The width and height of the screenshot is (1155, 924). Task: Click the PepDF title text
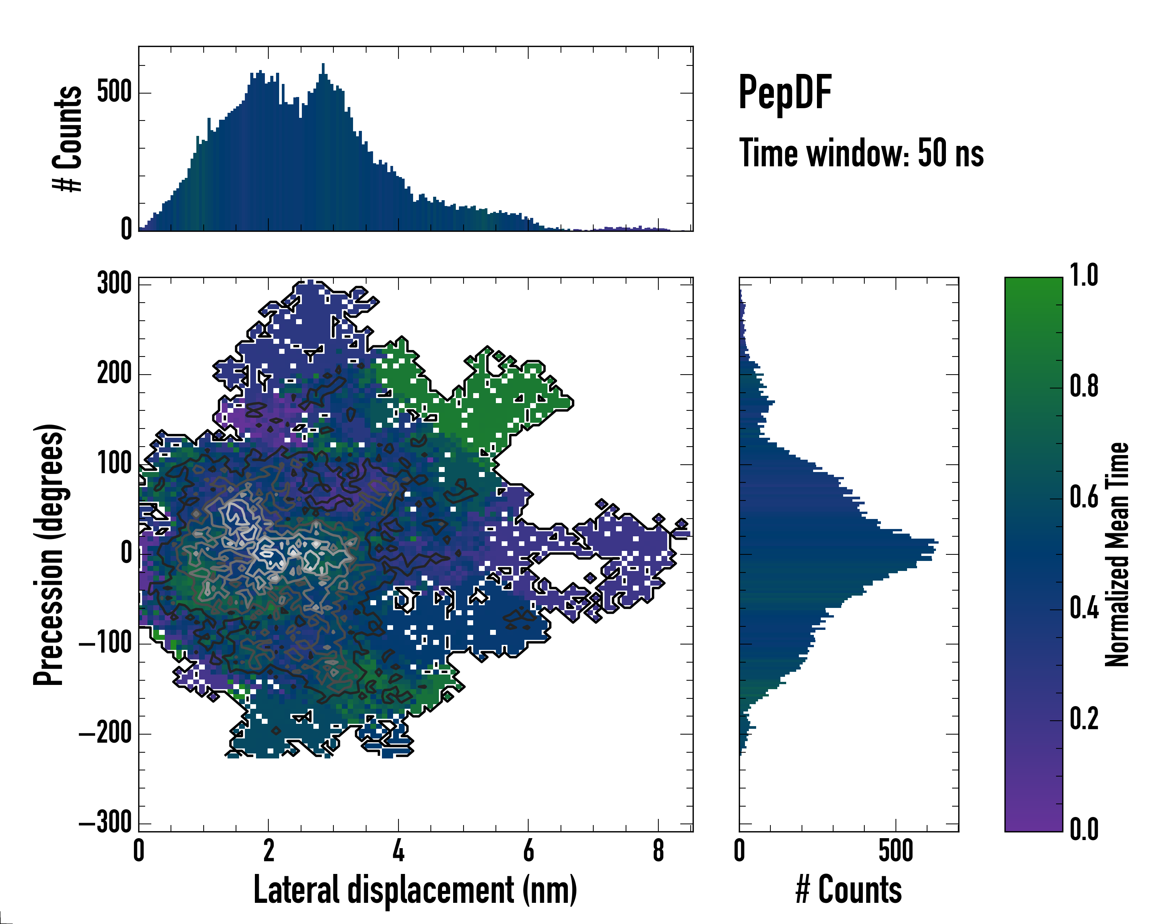point(785,93)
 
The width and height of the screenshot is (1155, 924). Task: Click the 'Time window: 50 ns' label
point(861,154)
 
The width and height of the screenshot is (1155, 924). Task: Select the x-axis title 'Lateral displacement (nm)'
point(415,890)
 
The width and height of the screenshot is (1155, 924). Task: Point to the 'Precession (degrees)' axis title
point(49,554)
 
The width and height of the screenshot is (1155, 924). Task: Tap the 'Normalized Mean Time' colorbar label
point(1117,554)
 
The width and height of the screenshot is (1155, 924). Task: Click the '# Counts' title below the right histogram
point(849,890)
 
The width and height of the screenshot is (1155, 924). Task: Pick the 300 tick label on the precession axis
point(114,283)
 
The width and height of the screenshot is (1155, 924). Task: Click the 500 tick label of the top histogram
point(114,92)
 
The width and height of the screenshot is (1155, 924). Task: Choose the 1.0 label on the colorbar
point(1084,276)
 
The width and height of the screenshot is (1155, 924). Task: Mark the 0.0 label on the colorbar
point(1084,829)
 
